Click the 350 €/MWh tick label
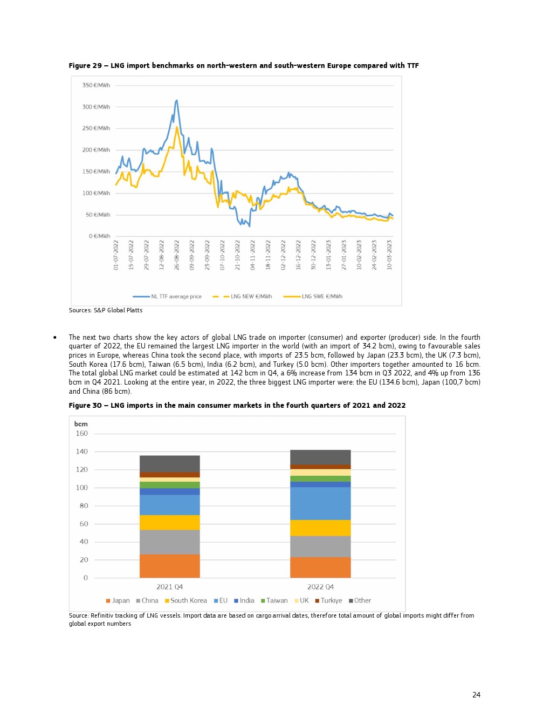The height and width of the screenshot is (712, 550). pyautogui.click(x=96, y=85)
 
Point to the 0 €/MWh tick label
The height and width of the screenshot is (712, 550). pyautogui.click(x=99, y=236)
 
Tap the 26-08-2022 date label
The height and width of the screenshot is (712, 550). pyautogui.click(x=177, y=255)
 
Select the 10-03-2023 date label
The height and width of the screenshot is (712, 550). pyautogui.click(x=389, y=255)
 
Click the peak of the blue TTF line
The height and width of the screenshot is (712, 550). pyautogui.click(x=176, y=100)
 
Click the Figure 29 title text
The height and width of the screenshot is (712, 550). pyautogui.click(x=243, y=66)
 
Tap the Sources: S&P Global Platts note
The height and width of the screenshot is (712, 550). pyautogui.click(x=106, y=310)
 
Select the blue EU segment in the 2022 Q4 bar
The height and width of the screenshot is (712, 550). pyautogui.click(x=320, y=503)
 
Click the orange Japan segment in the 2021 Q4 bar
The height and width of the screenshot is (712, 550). pyautogui.click(x=169, y=566)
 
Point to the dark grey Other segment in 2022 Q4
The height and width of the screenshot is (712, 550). pyautogui.click(x=320, y=457)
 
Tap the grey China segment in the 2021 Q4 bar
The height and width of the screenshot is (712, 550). pyautogui.click(x=169, y=542)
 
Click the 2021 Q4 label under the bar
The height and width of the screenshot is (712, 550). pyautogui.click(x=169, y=587)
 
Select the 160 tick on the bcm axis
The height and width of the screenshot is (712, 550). pyautogui.click(x=81, y=434)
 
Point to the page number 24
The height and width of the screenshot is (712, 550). pyautogui.click(x=476, y=695)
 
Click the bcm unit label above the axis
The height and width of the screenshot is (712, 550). pyautogui.click(x=81, y=424)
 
